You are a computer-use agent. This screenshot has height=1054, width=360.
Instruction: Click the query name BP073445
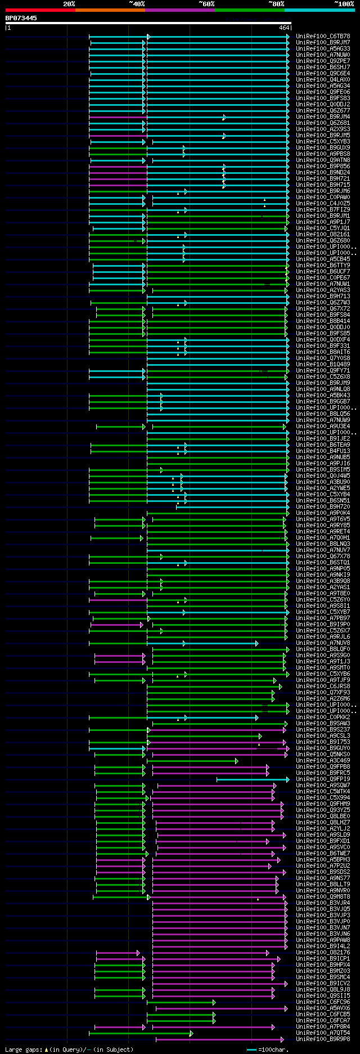coord(21,18)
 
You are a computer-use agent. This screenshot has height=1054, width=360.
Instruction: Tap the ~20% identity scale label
coord(69,4)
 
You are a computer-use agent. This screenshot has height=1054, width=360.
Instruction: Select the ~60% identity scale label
coord(206,4)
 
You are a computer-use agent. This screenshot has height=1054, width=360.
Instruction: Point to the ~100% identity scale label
coord(344,4)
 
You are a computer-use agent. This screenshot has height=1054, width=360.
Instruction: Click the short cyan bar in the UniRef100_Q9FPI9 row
coord(253,779)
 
